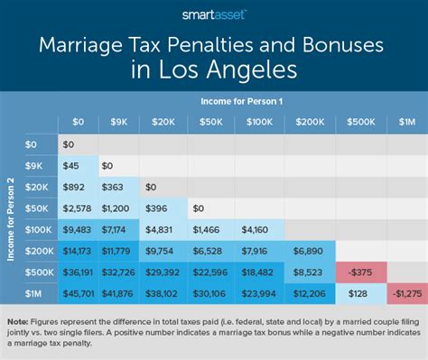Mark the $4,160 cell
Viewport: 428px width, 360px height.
(256, 230)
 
